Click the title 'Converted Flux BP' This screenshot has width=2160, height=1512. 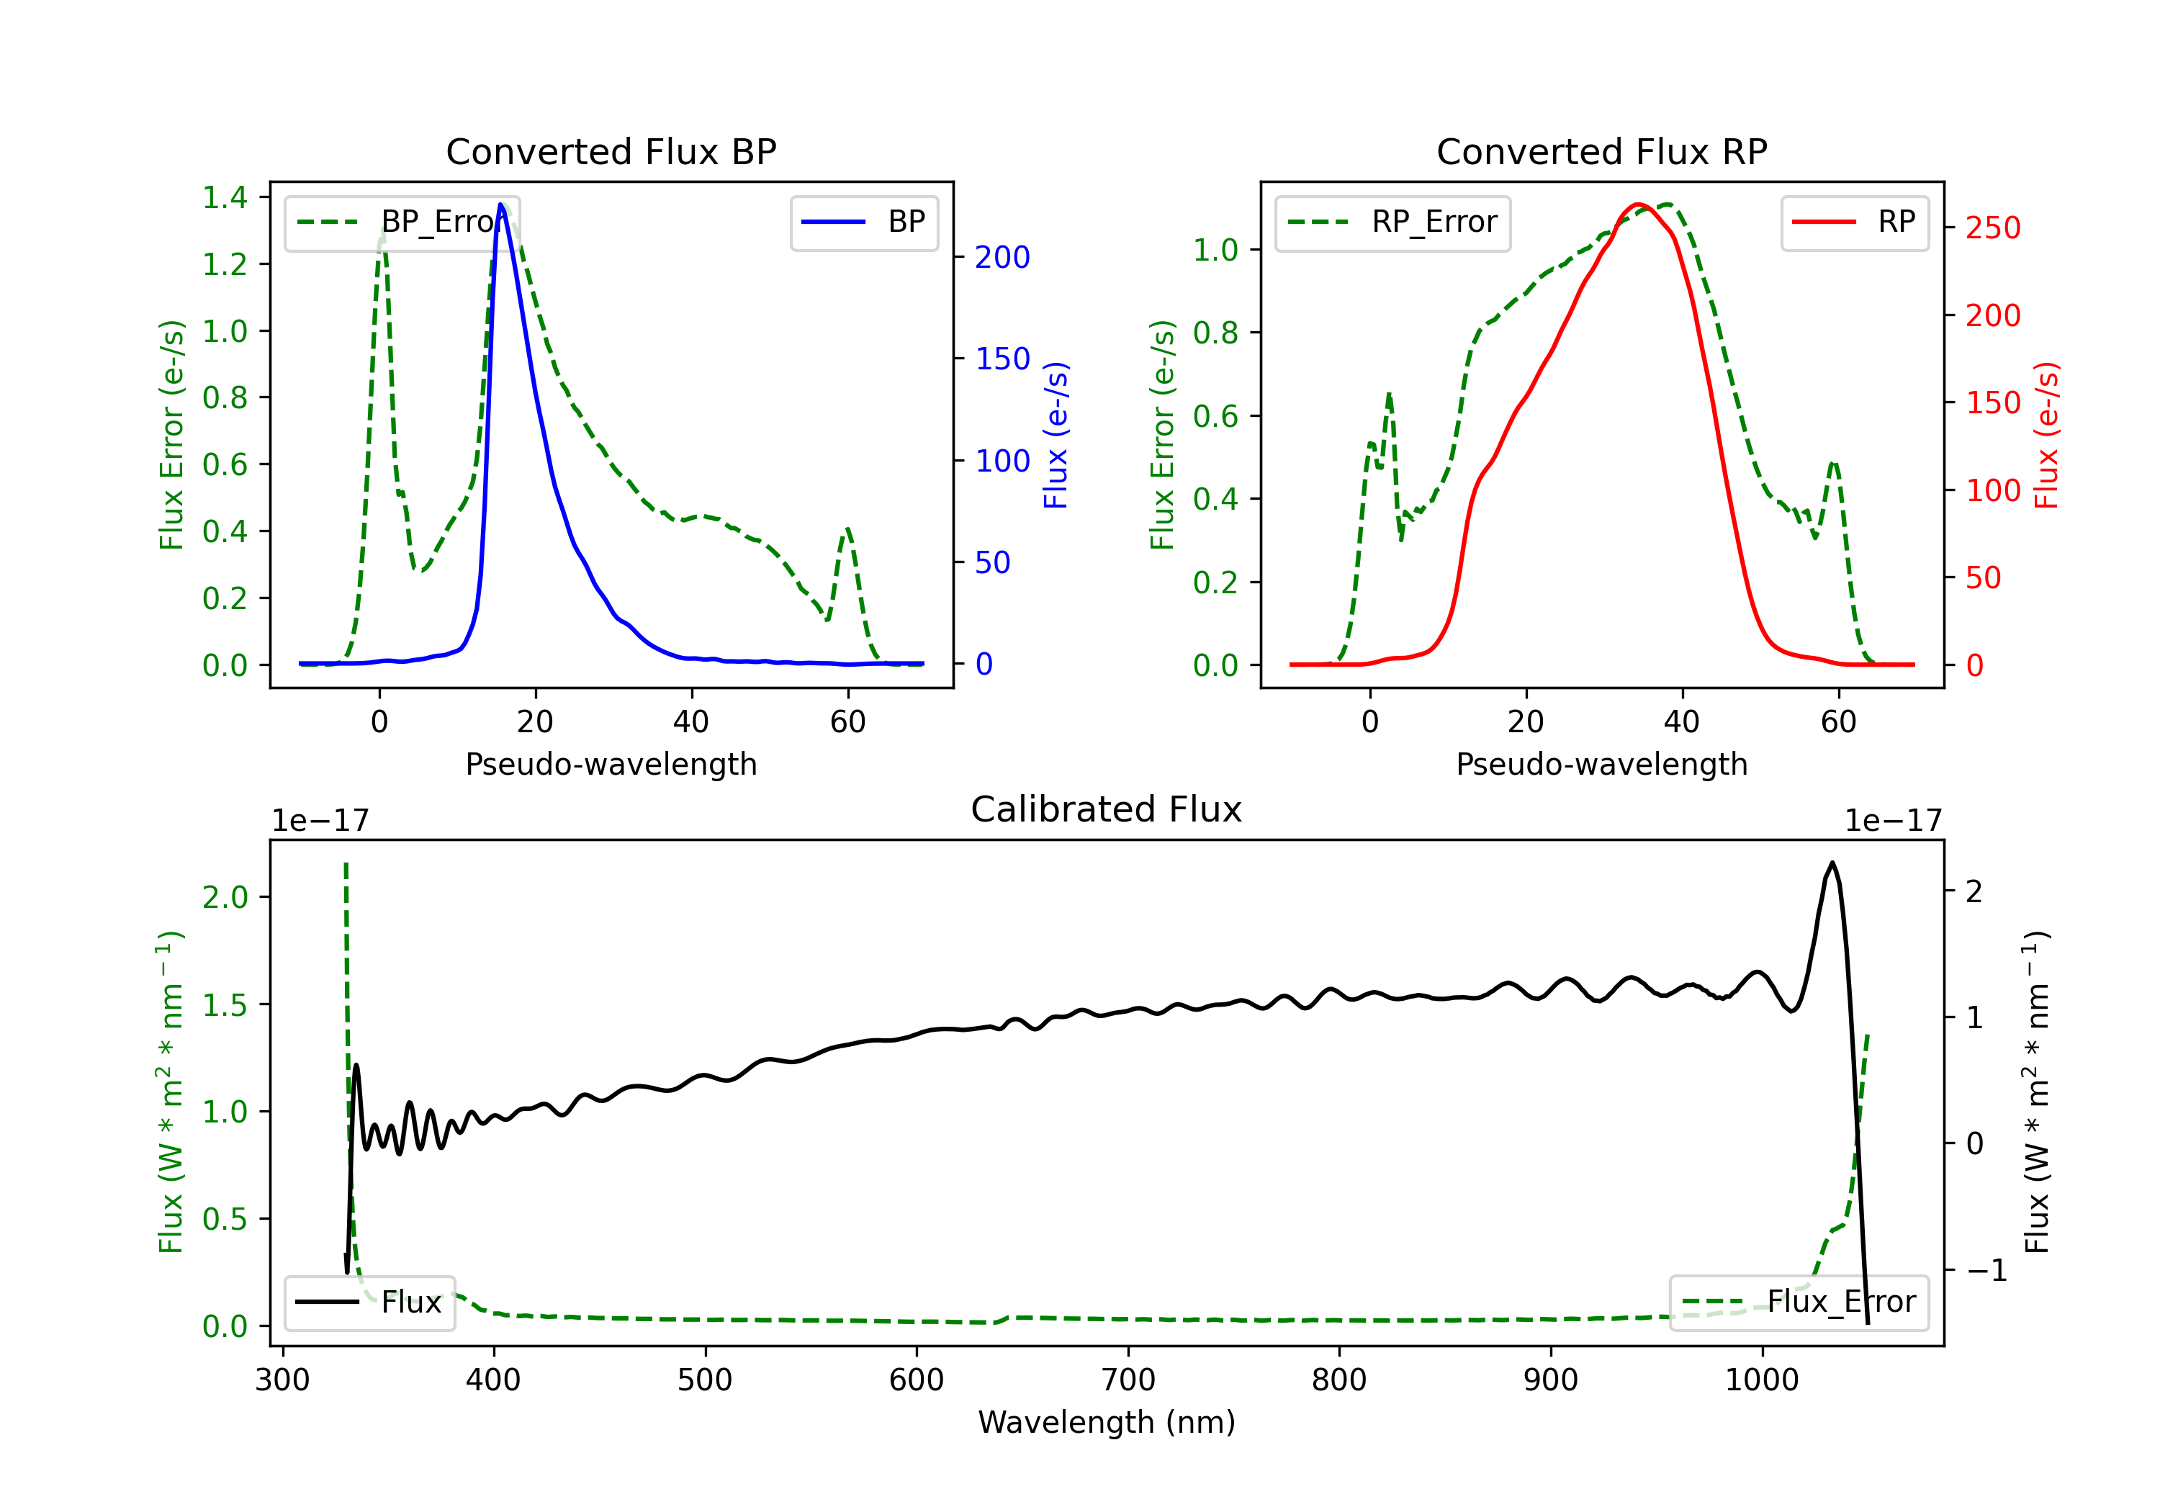coord(611,151)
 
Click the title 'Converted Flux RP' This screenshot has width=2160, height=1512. coord(1601,151)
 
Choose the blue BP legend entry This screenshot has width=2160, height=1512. coord(863,222)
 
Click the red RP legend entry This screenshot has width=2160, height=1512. coord(1854,222)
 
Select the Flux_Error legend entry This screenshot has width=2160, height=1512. coord(1799,1302)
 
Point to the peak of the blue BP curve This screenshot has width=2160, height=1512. coord(501,204)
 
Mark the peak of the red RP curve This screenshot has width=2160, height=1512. coord(1638,204)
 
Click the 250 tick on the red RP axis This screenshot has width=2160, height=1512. coord(1992,228)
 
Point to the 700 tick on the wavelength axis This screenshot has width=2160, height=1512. coord(1128,1380)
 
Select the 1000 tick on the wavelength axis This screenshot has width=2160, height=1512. coord(1761,1380)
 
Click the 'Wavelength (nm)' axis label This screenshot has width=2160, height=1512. coord(1107,1422)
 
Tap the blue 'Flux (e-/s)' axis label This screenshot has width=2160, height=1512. coord(1056,435)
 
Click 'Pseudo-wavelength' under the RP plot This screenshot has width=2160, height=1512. coord(1601,764)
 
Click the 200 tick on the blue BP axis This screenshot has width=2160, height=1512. coord(1002,257)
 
